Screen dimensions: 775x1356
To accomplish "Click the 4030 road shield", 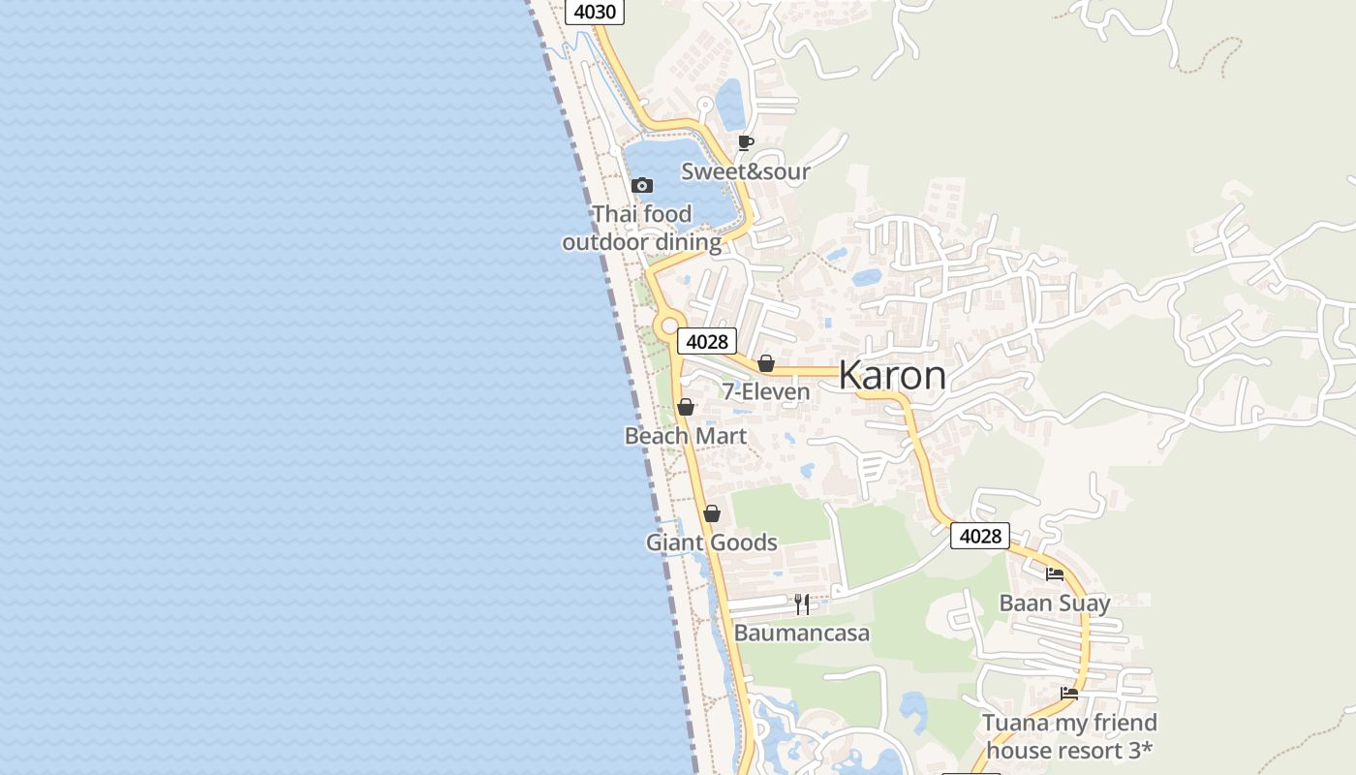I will pos(595,12).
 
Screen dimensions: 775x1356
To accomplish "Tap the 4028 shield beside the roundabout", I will pos(706,341).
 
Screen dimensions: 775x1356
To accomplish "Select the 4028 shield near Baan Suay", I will pos(979,536).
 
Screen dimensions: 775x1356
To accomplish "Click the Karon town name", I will pos(892,375).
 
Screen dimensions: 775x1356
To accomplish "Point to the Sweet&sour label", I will pos(746,171).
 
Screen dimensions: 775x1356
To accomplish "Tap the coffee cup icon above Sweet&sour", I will pos(745,143).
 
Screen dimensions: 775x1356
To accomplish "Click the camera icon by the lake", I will pos(641,185).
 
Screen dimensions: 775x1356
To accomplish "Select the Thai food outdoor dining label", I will pos(642,228).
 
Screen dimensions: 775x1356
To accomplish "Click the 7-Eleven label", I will pos(766,391).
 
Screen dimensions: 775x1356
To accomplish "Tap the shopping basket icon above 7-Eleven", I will pos(766,363).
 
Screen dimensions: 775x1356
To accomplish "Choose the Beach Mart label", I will pos(686,436).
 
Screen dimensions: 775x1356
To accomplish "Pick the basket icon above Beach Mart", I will pos(686,407).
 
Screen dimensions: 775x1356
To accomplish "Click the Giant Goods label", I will pos(712,542).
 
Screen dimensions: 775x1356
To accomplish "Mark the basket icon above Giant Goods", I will pos(712,513).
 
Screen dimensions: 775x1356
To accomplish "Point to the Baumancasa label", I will pos(802,634).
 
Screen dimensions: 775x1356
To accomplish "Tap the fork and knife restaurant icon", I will pos(802,604).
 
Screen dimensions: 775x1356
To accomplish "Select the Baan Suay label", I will pos(1055,603).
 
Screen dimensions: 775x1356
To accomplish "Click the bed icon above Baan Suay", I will pos(1055,573).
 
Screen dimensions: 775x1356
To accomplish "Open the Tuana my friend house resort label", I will pos(1069,736).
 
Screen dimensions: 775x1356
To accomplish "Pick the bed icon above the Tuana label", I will pos(1069,693).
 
